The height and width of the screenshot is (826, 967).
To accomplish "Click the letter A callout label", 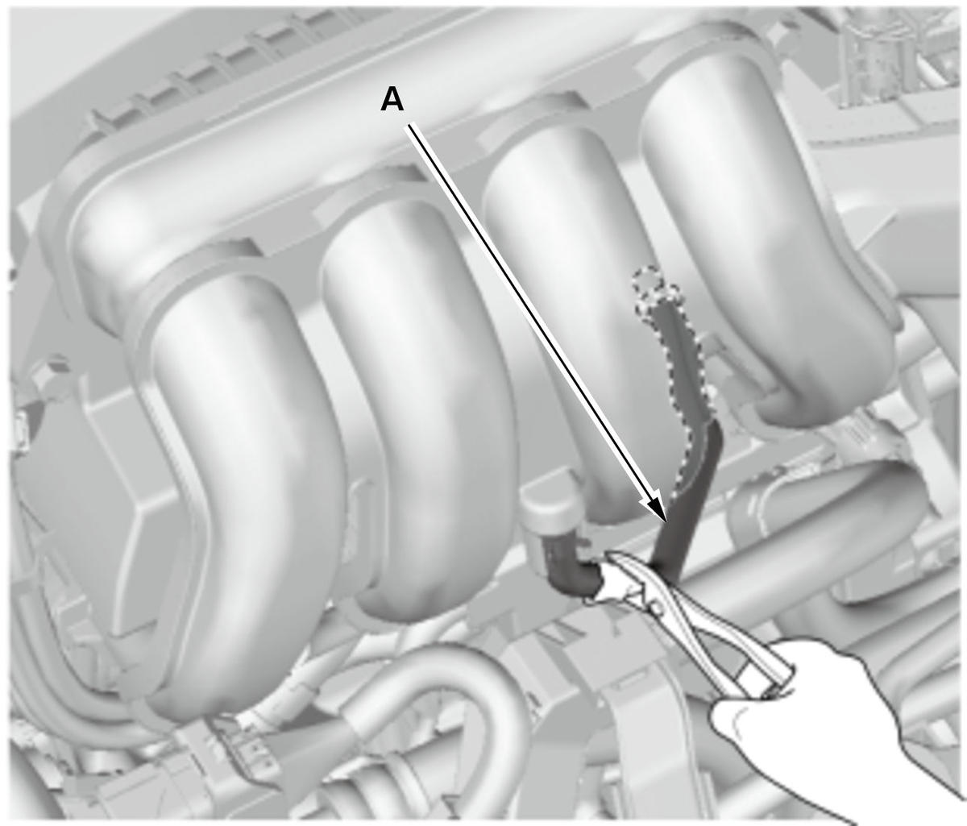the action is point(392,100).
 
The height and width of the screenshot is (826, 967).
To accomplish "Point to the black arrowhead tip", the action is point(665,521).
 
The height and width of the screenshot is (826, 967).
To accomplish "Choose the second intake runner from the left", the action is point(417,402).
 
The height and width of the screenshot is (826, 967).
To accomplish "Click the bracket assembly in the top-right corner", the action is point(889,52).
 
